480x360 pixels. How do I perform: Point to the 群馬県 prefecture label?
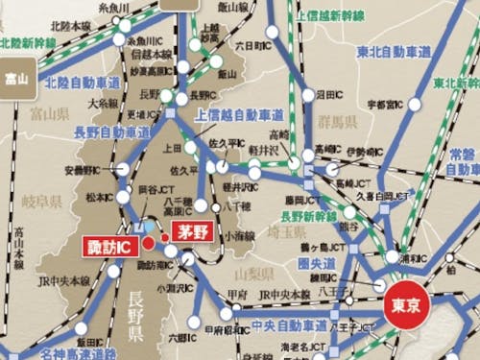(337, 123)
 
